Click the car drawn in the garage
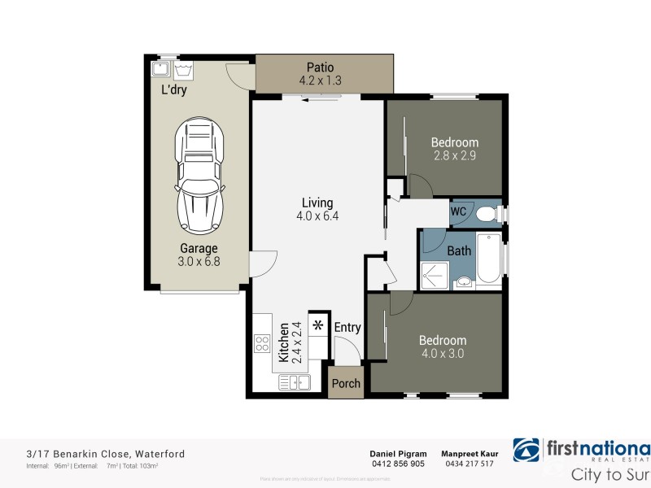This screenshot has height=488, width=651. pos(199,174)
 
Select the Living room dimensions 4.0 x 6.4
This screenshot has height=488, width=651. pos(317,216)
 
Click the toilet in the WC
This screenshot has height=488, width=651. pos(486,214)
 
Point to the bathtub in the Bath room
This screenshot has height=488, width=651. pos(488,259)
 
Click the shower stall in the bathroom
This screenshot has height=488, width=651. pos(435,275)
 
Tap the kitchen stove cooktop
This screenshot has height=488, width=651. pos(262,343)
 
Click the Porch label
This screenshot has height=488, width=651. pos(347,384)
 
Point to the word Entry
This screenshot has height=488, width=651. pos(347,327)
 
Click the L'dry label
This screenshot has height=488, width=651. pos(174,90)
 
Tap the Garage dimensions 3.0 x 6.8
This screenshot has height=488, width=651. pos(199,261)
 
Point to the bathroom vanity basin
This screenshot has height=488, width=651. pos(463,282)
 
